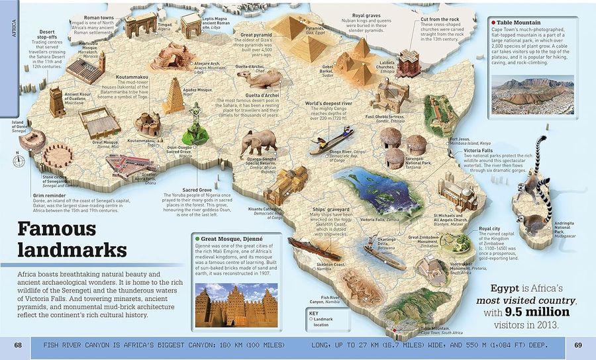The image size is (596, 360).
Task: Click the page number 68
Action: point(18,345)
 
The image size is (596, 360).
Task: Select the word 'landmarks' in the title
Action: point(72,251)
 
